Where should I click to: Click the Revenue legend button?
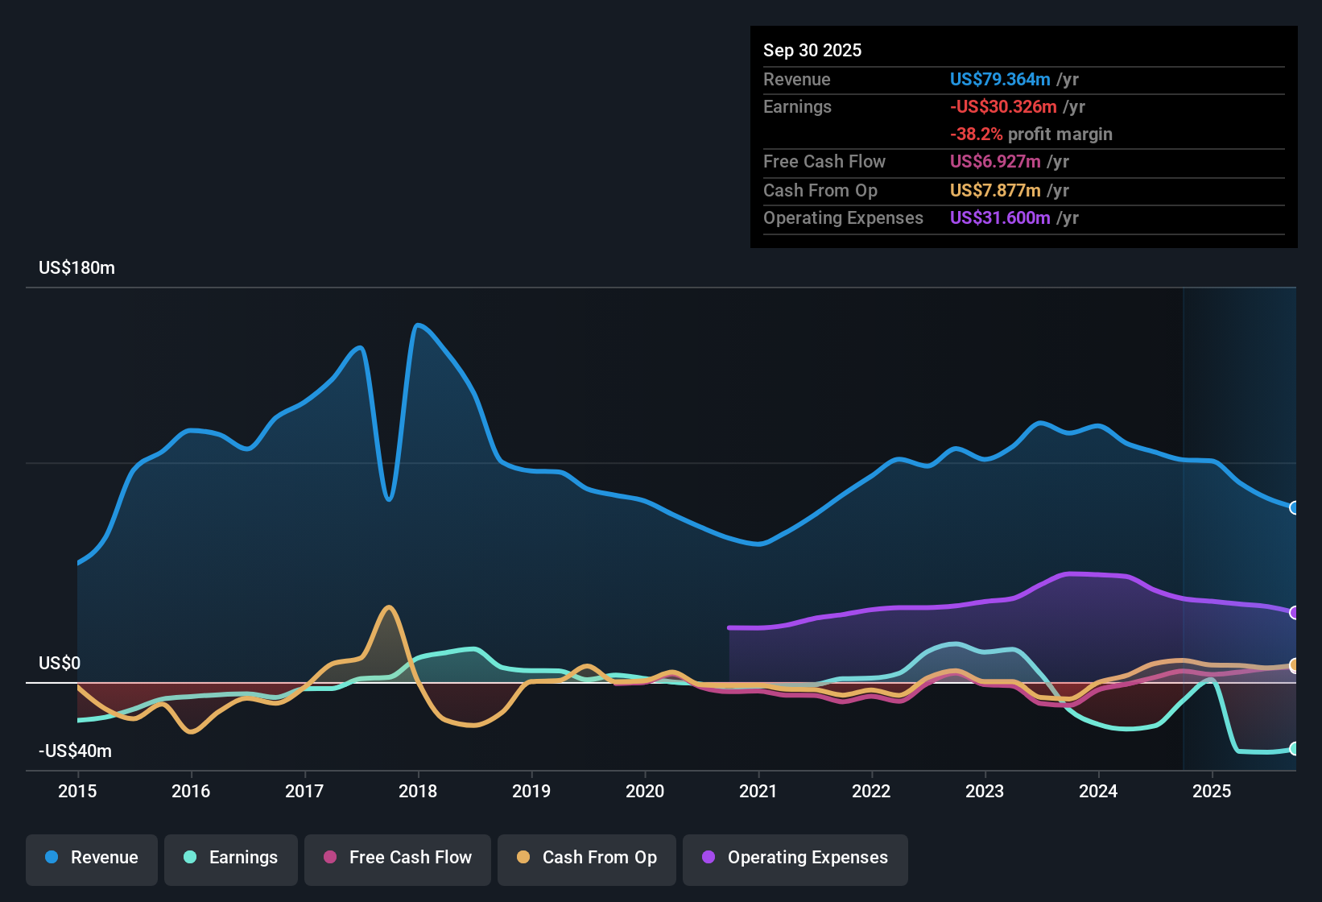tap(92, 858)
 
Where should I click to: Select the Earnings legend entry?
tap(231, 858)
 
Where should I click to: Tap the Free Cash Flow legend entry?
tap(398, 858)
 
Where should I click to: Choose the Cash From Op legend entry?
tap(587, 858)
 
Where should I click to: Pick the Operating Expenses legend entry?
tap(795, 858)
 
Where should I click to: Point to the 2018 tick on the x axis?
tap(418, 791)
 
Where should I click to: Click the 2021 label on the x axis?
tap(758, 791)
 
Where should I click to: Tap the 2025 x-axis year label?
tap(1211, 791)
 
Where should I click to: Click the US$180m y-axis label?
tap(76, 268)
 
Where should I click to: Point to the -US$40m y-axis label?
tap(75, 751)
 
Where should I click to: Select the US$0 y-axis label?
tap(60, 664)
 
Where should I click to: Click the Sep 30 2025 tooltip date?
tap(812, 51)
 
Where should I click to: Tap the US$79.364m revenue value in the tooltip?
tap(999, 80)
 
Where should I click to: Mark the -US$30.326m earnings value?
tap(1002, 107)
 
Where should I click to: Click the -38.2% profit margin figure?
tap(976, 134)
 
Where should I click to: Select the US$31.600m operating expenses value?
tap(999, 218)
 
